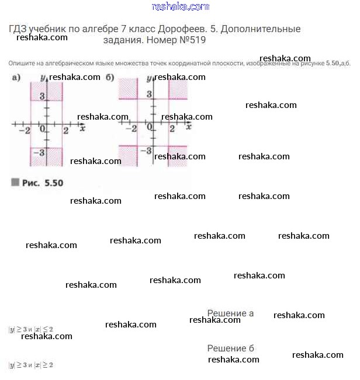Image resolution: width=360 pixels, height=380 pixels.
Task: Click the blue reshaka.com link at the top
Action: [x=180, y=6]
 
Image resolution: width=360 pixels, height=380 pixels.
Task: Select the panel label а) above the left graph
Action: [x=16, y=78]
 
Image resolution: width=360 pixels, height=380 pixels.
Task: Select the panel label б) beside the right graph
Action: [x=110, y=78]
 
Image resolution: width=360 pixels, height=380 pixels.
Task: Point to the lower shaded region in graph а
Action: [x=46, y=156]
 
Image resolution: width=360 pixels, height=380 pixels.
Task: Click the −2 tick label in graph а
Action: [x=25, y=130]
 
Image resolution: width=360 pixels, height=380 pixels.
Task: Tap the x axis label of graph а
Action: [x=82, y=127]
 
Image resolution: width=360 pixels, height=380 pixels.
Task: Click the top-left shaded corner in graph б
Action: [x=128, y=88]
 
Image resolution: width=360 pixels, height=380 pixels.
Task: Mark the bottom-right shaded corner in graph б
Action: [x=178, y=156]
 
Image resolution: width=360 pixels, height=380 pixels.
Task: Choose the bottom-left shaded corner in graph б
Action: [x=128, y=156]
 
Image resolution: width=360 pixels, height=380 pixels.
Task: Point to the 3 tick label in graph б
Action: [x=150, y=94]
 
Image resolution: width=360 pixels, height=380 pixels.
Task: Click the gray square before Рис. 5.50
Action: [x=15, y=182]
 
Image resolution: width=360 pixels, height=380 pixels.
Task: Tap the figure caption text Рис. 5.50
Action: [x=42, y=183]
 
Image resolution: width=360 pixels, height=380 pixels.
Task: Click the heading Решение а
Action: [x=230, y=313]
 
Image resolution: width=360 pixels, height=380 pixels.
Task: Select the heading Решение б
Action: [x=230, y=348]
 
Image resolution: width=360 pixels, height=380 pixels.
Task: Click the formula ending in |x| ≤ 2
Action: [x=31, y=329]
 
